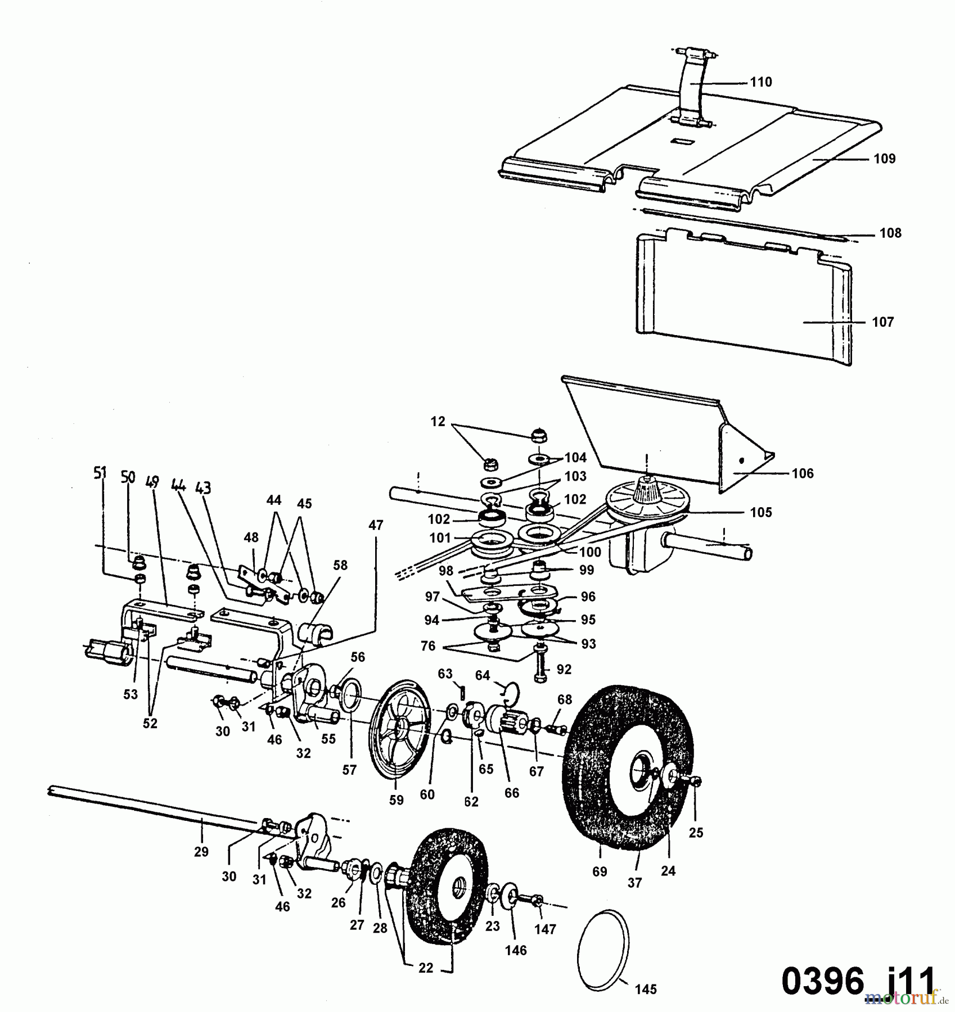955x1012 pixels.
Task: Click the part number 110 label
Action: coord(761,82)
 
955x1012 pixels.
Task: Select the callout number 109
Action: coord(884,159)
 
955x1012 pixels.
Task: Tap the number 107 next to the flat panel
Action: coord(882,322)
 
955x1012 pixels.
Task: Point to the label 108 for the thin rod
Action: coord(890,233)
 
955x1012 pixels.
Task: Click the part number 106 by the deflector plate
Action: coord(803,473)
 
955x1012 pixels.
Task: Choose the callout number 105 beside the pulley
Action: coord(761,512)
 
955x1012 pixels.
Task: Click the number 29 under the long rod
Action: coord(201,852)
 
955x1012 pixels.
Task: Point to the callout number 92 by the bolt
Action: coord(564,669)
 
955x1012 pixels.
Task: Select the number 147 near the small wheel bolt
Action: coord(545,929)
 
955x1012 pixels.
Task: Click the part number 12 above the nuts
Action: coord(438,422)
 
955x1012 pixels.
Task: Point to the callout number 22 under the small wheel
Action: coord(426,968)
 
